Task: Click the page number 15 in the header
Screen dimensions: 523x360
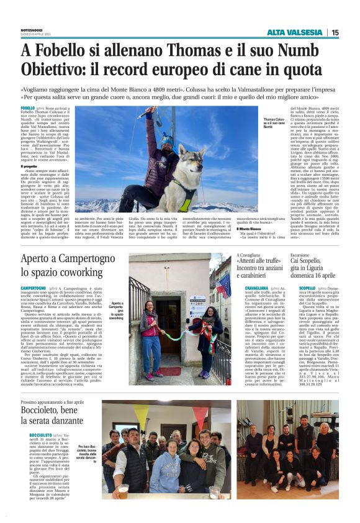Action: pos(335,33)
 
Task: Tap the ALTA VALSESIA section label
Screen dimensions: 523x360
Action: pos(297,33)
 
